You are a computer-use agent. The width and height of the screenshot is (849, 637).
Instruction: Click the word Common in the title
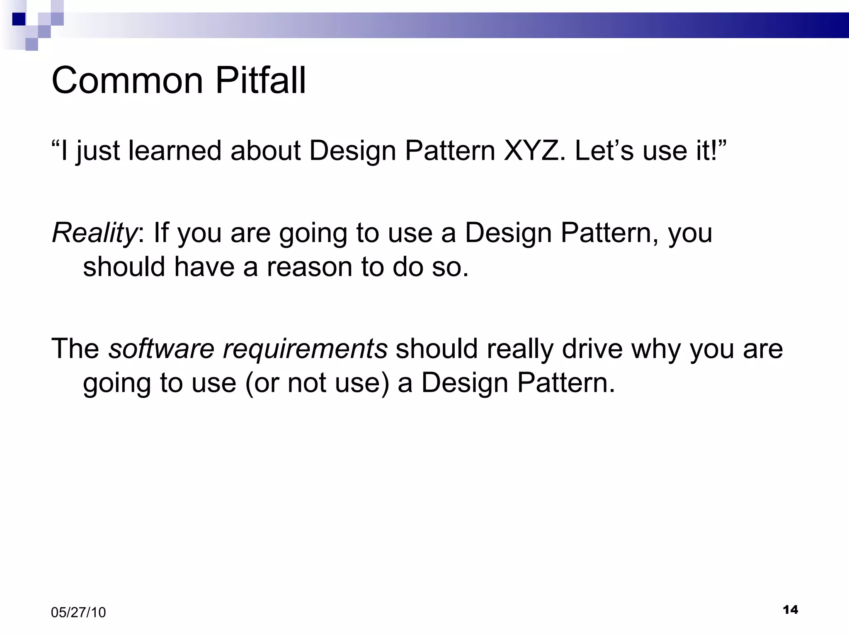pyautogui.click(x=127, y=80)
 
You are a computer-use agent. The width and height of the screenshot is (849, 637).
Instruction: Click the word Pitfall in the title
pyautogui.click(x=260, y=80)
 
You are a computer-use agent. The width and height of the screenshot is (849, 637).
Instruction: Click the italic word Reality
pyautogui.click(x=94, y=233)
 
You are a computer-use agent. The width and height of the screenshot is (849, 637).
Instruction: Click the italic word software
pyautogui.click(x=161, y=348)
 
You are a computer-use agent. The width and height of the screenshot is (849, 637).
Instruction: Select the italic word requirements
pyautogui.click(x=305, y=348)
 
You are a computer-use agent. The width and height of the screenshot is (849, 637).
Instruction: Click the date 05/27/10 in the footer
pyautogui.click(x=78, y=613)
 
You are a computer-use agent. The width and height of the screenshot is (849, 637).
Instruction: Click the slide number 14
pyautogui.click(x=790, y=610)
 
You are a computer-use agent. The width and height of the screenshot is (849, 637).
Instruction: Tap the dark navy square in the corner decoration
pyautogui.click(x=19, y=19)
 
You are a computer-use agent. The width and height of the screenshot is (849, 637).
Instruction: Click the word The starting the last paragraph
pyautogui.click(x=75, y=348)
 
